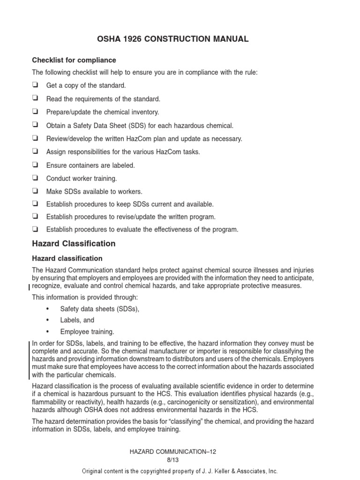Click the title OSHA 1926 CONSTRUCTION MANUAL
180,39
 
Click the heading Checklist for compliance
74,60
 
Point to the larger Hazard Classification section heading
74,244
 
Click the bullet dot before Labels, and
48,320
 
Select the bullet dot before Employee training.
48,332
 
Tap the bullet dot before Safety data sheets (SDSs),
48,309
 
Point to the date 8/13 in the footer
180,460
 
